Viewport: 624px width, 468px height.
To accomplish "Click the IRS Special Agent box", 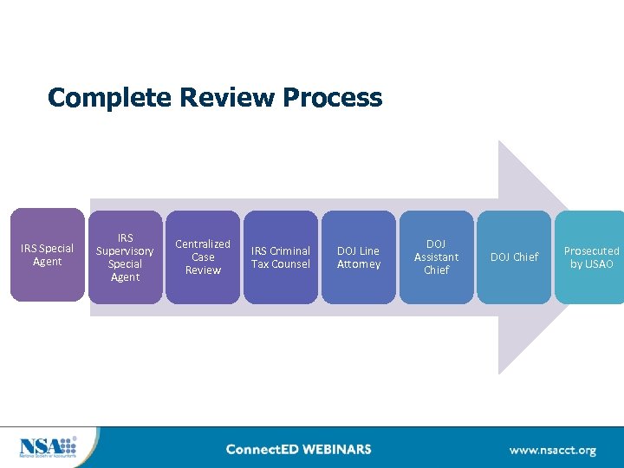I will pos(47,256).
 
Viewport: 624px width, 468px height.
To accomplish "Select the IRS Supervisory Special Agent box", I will pos(125,257).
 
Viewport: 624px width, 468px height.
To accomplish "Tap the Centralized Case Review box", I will pos(203,257).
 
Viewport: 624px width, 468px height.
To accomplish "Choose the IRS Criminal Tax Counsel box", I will pos(280,257).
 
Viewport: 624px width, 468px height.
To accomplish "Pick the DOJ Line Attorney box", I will pos(358,257).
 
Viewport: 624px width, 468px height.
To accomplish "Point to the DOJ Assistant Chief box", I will pos(436,257).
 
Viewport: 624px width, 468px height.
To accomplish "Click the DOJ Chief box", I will pos(514,257).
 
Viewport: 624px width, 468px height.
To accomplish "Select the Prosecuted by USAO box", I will pos(591,257).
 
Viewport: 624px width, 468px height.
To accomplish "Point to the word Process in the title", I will pos(332,97).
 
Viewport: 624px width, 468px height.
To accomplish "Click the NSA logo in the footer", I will pos(48,447).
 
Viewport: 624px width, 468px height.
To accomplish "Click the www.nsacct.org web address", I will pos(552,451).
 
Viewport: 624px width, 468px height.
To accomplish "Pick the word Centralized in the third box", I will pos(203,244).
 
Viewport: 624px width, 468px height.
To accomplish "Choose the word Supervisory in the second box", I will pos(125,251).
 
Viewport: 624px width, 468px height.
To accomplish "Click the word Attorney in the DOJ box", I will pos(358,264).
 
